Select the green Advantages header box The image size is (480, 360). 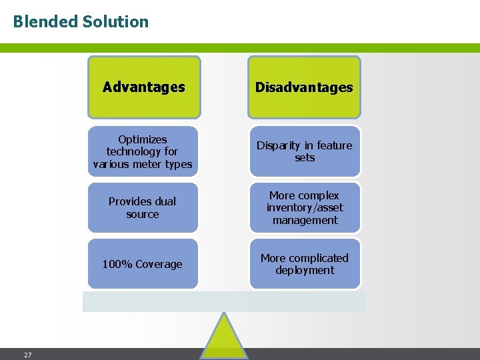pyautogui.click(x=144, y=87)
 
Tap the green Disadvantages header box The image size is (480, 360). pyautogui.click(x=304, y=87)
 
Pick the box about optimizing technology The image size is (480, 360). pyautogui.click(x=143, y=151)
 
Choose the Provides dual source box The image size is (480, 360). pyautogui.click(x=143, y=208)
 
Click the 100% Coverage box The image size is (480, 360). pyautogui.click(x=143, y=264)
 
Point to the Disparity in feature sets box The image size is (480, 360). pyautogui.click(x=305, y=151)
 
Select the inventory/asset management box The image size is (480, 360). pyautogui.click(x=305, y=208)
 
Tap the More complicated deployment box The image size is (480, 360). pyautogui.click(x=305, y=264)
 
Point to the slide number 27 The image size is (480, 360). pyautogui.click(x=27, y=355)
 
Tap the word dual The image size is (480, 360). pyautogui.click(x=163, y=201)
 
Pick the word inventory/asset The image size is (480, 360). pyautogui.click(x=305, y=208)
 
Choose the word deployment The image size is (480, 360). pyautogui.click(x=305, y=270)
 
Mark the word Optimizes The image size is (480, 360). pyautogui.click(x=143, y=139)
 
